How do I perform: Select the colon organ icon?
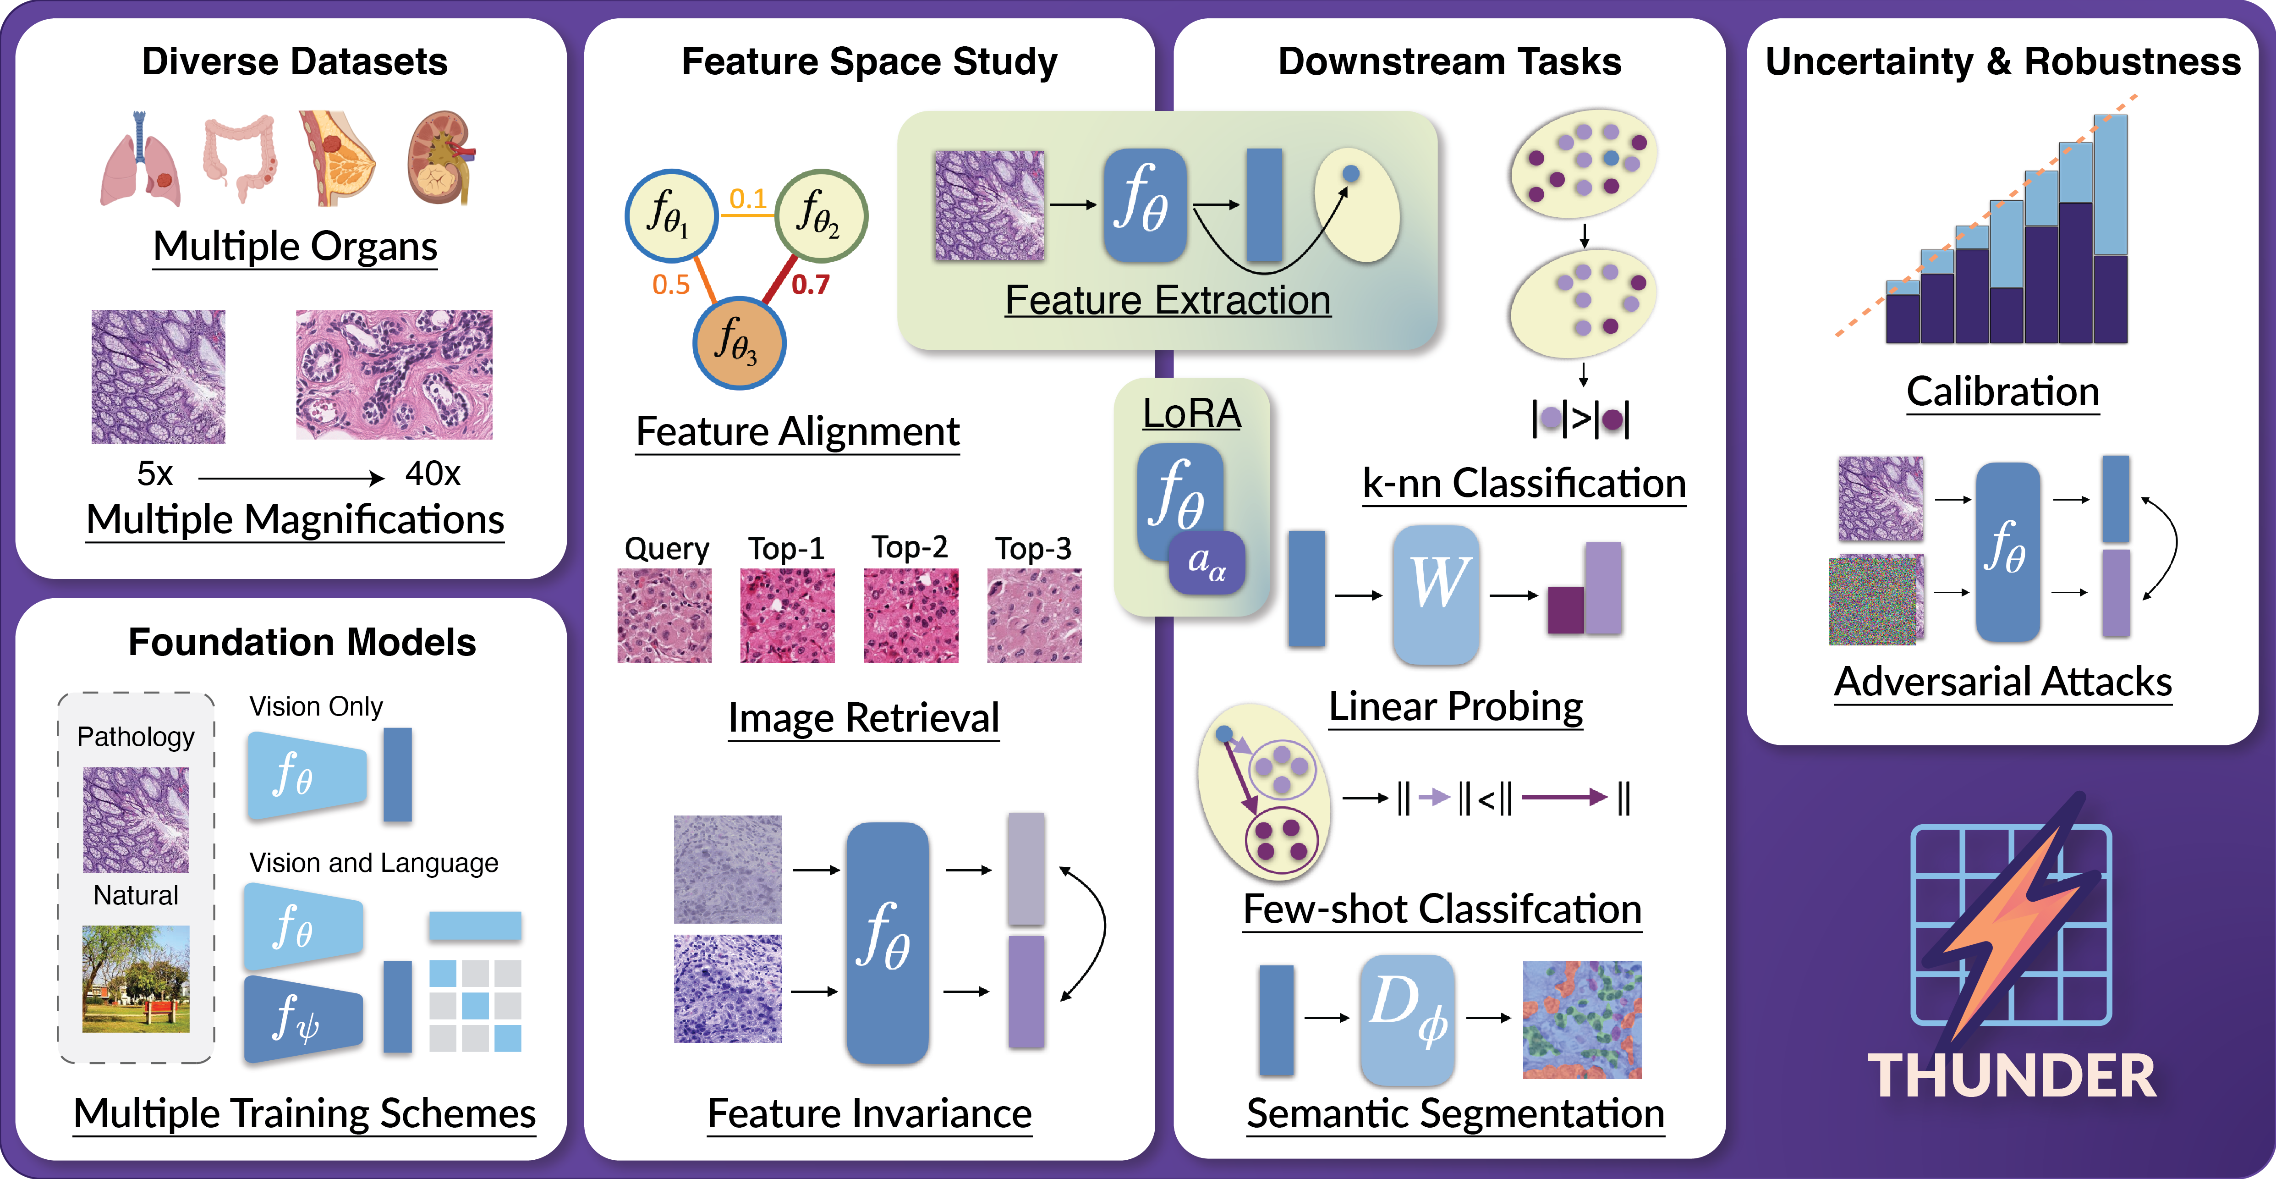tap(240, 157)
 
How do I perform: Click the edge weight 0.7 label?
tap(810, 285)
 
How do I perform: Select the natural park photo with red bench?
tap(136, 978)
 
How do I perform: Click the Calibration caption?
tap(2002, 391)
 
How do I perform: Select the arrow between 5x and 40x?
tap(291, 478)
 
